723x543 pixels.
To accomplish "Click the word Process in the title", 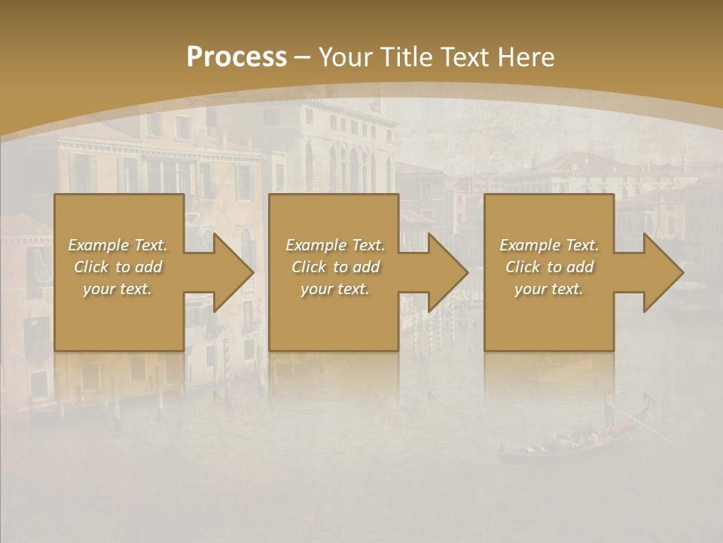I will tap(236, 57).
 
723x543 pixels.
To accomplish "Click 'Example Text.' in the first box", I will tap(117, 245).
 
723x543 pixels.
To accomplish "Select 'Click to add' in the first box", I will tap(117, 267).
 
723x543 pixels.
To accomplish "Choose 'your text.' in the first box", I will tap(117, 289).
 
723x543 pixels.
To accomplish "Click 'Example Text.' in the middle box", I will tap(335, 245).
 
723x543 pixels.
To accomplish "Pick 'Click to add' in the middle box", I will tap(335, 267).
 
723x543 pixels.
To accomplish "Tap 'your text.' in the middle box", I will tap(335, 289).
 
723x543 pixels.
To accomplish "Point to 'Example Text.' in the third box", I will tap(549, 245).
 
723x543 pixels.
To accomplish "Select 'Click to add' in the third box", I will tap(549, 267).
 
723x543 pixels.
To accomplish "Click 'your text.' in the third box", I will tap(549, 289).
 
